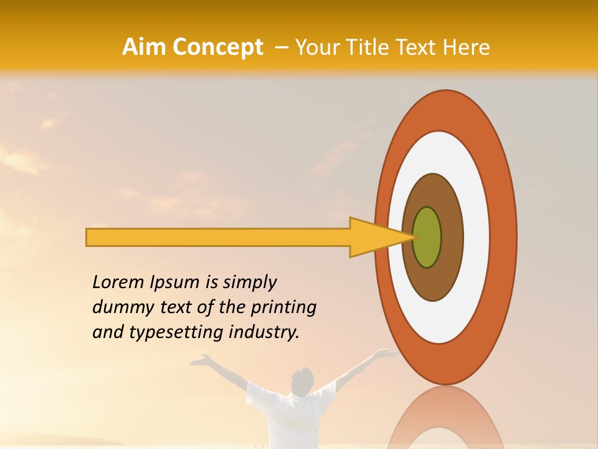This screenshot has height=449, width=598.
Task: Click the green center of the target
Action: tap(427, 237)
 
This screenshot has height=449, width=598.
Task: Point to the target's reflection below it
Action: tap(446, 418)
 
